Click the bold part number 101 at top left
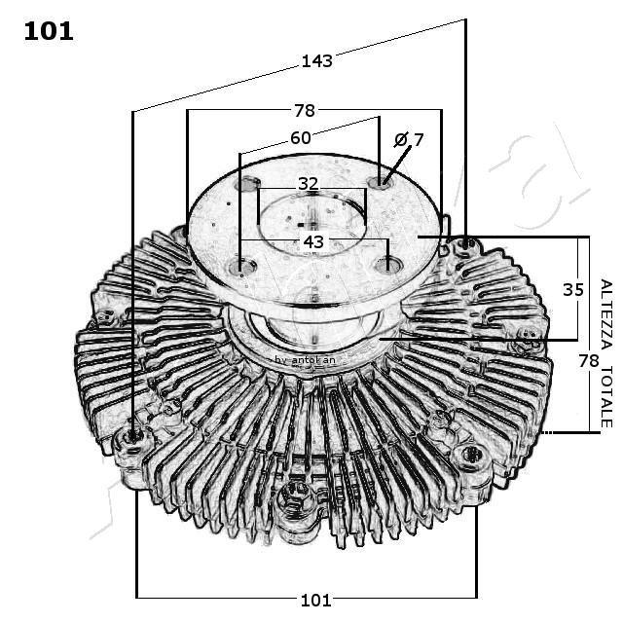click(48, 31)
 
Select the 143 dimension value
click(316, 60)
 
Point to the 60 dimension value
click(301, 138)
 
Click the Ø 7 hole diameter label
click(409, 140)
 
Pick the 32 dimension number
click(308, 183)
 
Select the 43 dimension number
click(313, 240)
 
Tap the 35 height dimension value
click(573, 289)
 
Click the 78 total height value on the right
click(588, 360)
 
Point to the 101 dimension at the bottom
click(317, 599)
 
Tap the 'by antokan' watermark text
click(305, 359)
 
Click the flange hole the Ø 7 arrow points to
click(381, 182)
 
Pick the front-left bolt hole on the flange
click(242, 266)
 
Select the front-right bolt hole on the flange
click(387, 263)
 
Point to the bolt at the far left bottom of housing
click(133, 441)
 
